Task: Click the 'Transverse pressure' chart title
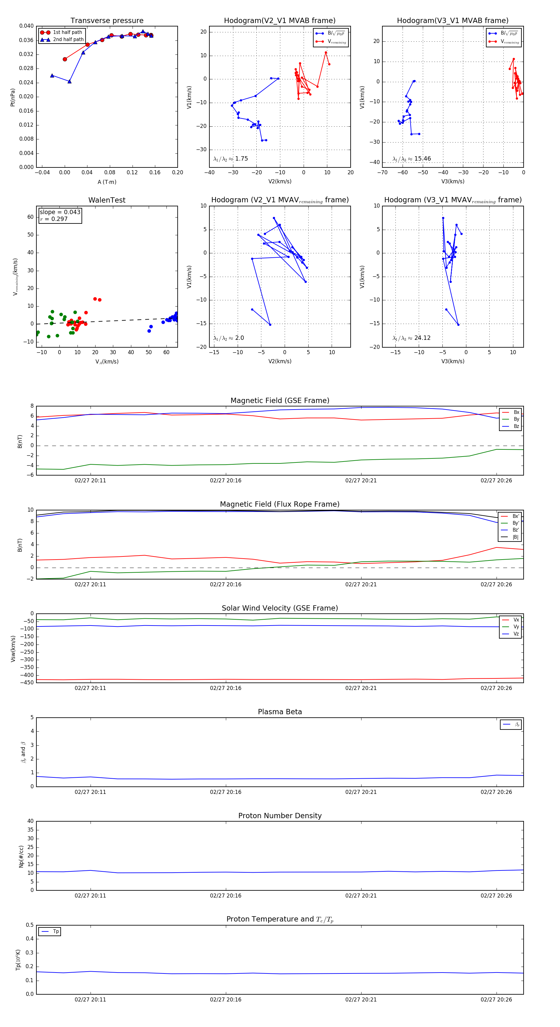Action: [107, 21]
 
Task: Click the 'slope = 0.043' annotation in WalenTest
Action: [60, 212]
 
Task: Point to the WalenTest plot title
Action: [107, 200]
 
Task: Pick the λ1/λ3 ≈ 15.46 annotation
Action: [411, 159]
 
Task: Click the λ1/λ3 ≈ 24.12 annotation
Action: [411, 338]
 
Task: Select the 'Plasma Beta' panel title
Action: [280, 712]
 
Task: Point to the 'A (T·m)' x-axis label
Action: [107, 182]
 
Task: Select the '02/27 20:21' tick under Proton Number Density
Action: [361, 895]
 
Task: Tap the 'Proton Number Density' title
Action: [280, 816]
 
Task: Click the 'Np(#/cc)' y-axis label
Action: [21, 856]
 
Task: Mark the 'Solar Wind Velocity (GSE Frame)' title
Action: [280, 608]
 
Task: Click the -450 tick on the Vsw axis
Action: [27, 682]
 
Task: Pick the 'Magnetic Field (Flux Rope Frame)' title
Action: [280, 504]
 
